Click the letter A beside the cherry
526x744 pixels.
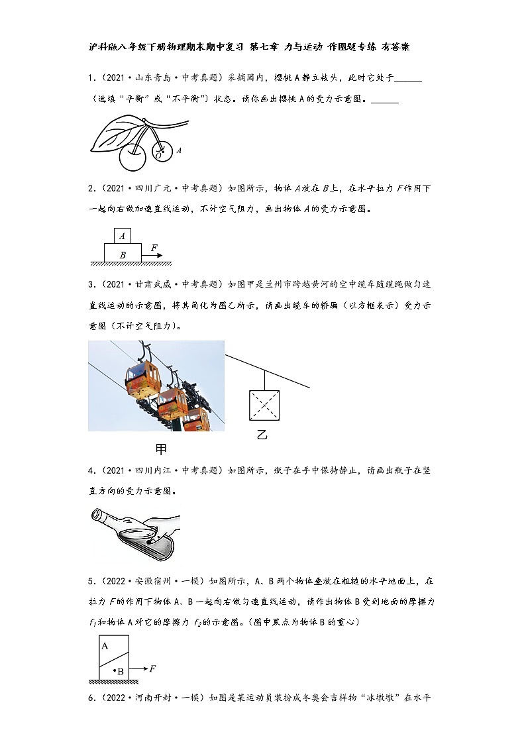179,151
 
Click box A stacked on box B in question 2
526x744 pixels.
123,235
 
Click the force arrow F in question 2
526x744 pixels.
152,254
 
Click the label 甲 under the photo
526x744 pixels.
161,449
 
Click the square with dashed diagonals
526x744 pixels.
264,405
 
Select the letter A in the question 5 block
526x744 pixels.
105,644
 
